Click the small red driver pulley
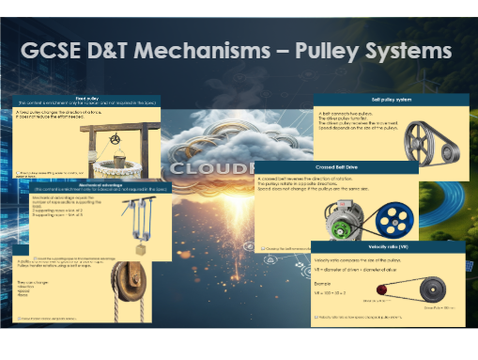pos(388,296)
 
